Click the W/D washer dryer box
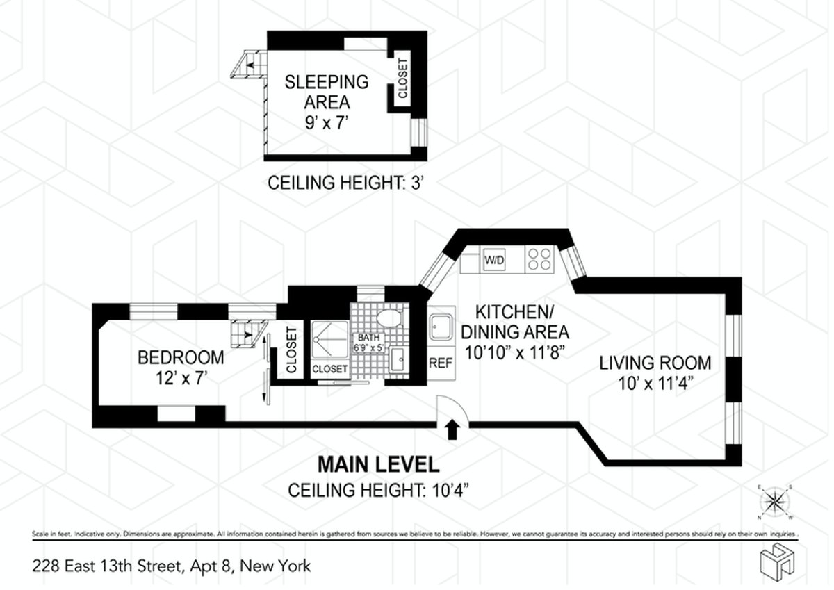pyautogui.click(x=494, y=261)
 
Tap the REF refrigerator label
pyautogui.click(x=440, y=362)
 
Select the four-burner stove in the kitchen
pyautogui.click(x=540, y=259)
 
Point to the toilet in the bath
pyautogui.click(x=389, y=318)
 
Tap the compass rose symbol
pyautogui.click(x=776, y=501)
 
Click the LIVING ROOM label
pyautogui.click(x=655, y=362)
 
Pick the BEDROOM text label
pyautogui.click(x=181, y=358)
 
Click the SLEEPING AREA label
pyautogui.click(x=327, y=92)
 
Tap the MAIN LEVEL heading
pyautogui.click(x=377, y=464)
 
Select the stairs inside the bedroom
pyautogui.click(x=249, y=334)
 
